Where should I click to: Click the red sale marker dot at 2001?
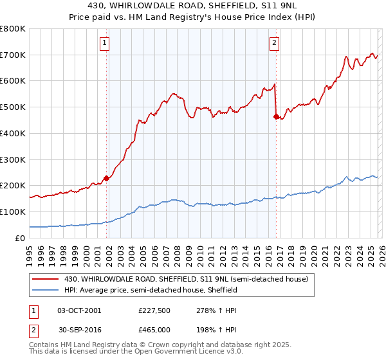click(x=106, y=178)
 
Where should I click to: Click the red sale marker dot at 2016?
click(x=276, y=116)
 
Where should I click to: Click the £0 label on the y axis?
click(x=19, y=238)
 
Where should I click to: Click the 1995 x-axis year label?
click(x=30, y=252)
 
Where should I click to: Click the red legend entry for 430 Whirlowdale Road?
click(x=187, y=279)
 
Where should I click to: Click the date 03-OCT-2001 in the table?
click(x=79, y=310)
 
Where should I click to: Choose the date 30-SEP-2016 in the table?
click(x=79, y=330)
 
